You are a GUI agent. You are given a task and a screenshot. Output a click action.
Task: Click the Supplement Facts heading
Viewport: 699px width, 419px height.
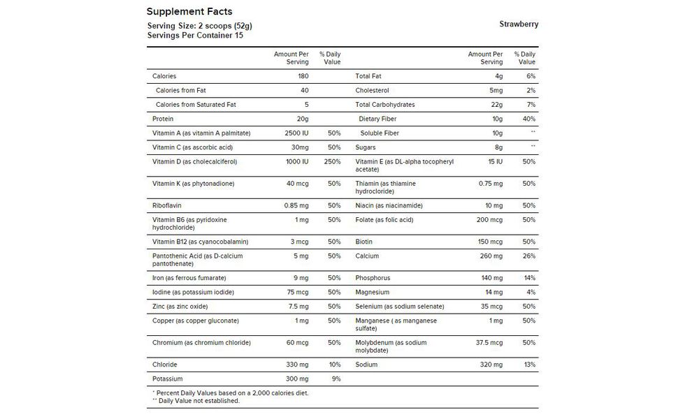tap(189, 12)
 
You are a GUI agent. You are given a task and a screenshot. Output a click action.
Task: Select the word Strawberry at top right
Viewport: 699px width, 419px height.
tap(519, 24)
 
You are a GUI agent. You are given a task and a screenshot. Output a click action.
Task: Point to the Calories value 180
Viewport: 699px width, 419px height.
tap(303, 76)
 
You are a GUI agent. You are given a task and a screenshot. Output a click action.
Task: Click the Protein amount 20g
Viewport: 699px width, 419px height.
tap(303, 119)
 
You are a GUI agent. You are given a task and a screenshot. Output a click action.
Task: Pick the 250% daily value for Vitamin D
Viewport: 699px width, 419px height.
tap(333, 162)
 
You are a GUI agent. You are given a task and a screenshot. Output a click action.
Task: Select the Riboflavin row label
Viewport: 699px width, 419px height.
tap(168, 206)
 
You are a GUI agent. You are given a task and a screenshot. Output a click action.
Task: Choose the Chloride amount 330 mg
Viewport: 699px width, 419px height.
tap(298, 365)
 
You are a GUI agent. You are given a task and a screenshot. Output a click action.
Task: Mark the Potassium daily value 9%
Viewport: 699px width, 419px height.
tap(336, 379)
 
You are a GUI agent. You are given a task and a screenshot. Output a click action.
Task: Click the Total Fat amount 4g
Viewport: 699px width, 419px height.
tap(498, 76)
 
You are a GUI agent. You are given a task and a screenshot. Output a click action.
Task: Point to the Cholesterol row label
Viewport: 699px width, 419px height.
tap(372, 90)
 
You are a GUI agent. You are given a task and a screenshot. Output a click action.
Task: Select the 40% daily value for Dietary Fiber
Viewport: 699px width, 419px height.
tap(528, 119)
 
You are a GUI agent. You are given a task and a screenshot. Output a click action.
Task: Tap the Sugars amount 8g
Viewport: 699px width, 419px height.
tap(498, 147)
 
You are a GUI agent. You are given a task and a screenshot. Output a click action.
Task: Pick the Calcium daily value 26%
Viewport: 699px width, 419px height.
tap(528, 256)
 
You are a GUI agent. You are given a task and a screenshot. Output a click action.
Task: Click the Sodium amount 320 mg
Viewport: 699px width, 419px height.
tap(492, 365)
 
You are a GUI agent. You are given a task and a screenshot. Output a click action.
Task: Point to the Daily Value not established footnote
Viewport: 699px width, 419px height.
tap(196, 401)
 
